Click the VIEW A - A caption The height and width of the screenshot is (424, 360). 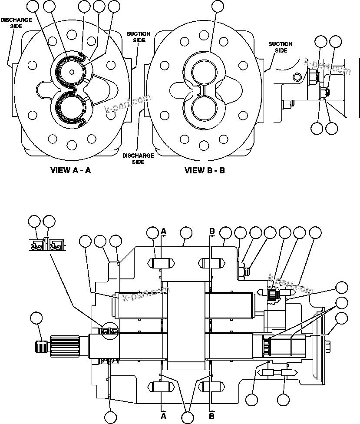71,170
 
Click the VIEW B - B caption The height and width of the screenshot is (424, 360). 205,170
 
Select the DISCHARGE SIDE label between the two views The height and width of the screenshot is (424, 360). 138,158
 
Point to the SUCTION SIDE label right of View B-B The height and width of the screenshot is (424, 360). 280,47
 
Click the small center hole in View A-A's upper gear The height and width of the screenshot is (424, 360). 71,72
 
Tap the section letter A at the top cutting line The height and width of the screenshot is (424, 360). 164,232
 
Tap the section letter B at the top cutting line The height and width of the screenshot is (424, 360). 212,232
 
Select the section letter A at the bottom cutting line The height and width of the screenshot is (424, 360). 164,416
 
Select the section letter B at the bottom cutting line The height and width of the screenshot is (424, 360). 212,416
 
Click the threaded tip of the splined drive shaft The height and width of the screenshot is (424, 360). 41,347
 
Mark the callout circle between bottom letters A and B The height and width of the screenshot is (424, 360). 188,417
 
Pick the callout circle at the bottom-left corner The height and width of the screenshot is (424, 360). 111,417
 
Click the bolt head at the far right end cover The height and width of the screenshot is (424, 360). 327,346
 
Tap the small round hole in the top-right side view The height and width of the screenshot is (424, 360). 297,77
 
